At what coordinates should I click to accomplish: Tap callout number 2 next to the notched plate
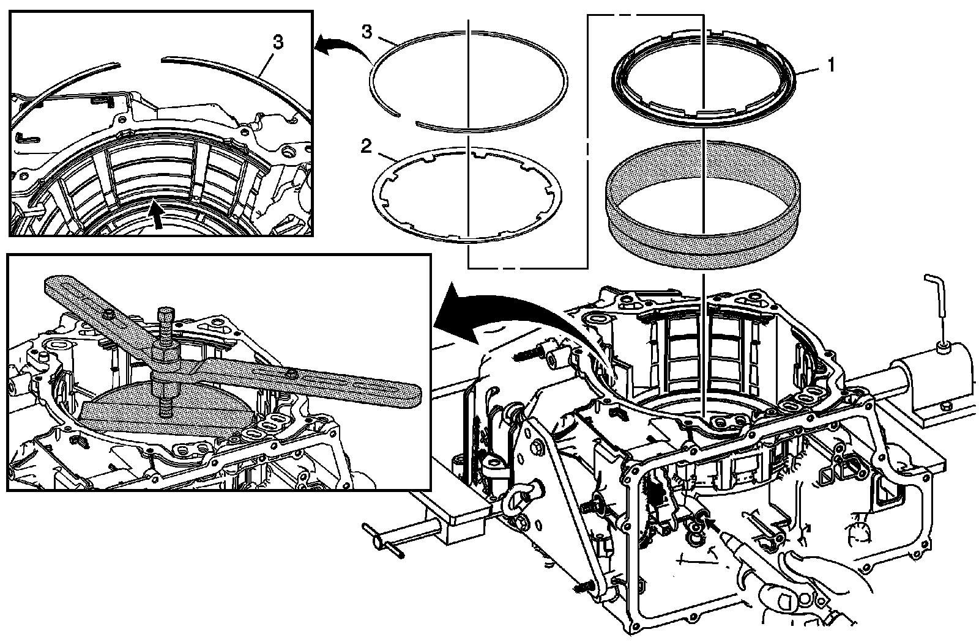click(366, 146)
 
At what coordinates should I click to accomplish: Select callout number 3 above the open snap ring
click(367, 32)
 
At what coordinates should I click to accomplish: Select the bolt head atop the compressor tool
click(166, 317)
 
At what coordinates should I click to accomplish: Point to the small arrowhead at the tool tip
click(709, 521)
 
